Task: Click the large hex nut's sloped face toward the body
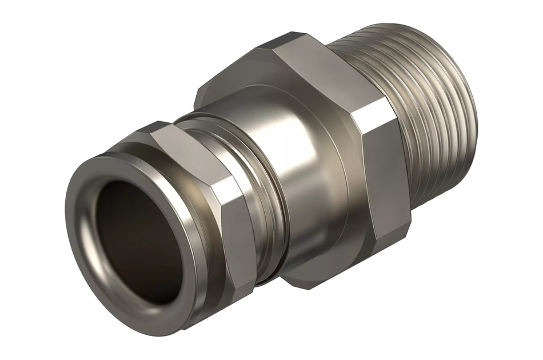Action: click(x=240, y=86)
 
